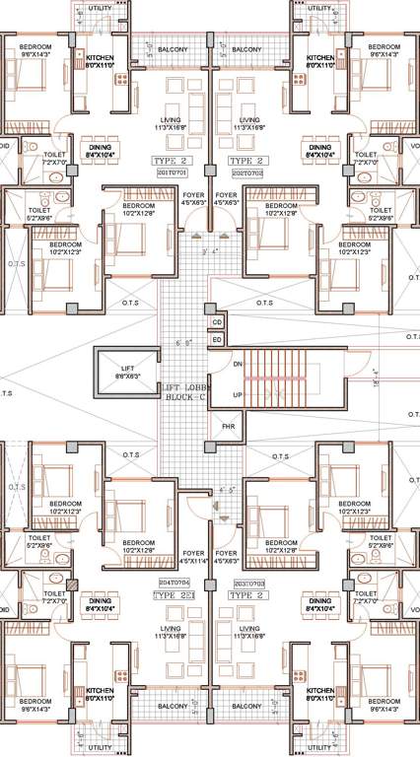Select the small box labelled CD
click(x=217, y=321)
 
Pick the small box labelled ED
click(x=217, y=339)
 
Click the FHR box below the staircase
click(x=228, y=428)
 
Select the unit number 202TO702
click(x=246, y=172)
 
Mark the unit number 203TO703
click(x=246, y=585)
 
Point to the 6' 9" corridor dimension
click(x=184, y=343)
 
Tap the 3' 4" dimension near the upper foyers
click(x=209, y=252)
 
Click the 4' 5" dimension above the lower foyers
click(x=228, y=488)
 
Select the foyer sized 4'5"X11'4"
click(x=193, y=558)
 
